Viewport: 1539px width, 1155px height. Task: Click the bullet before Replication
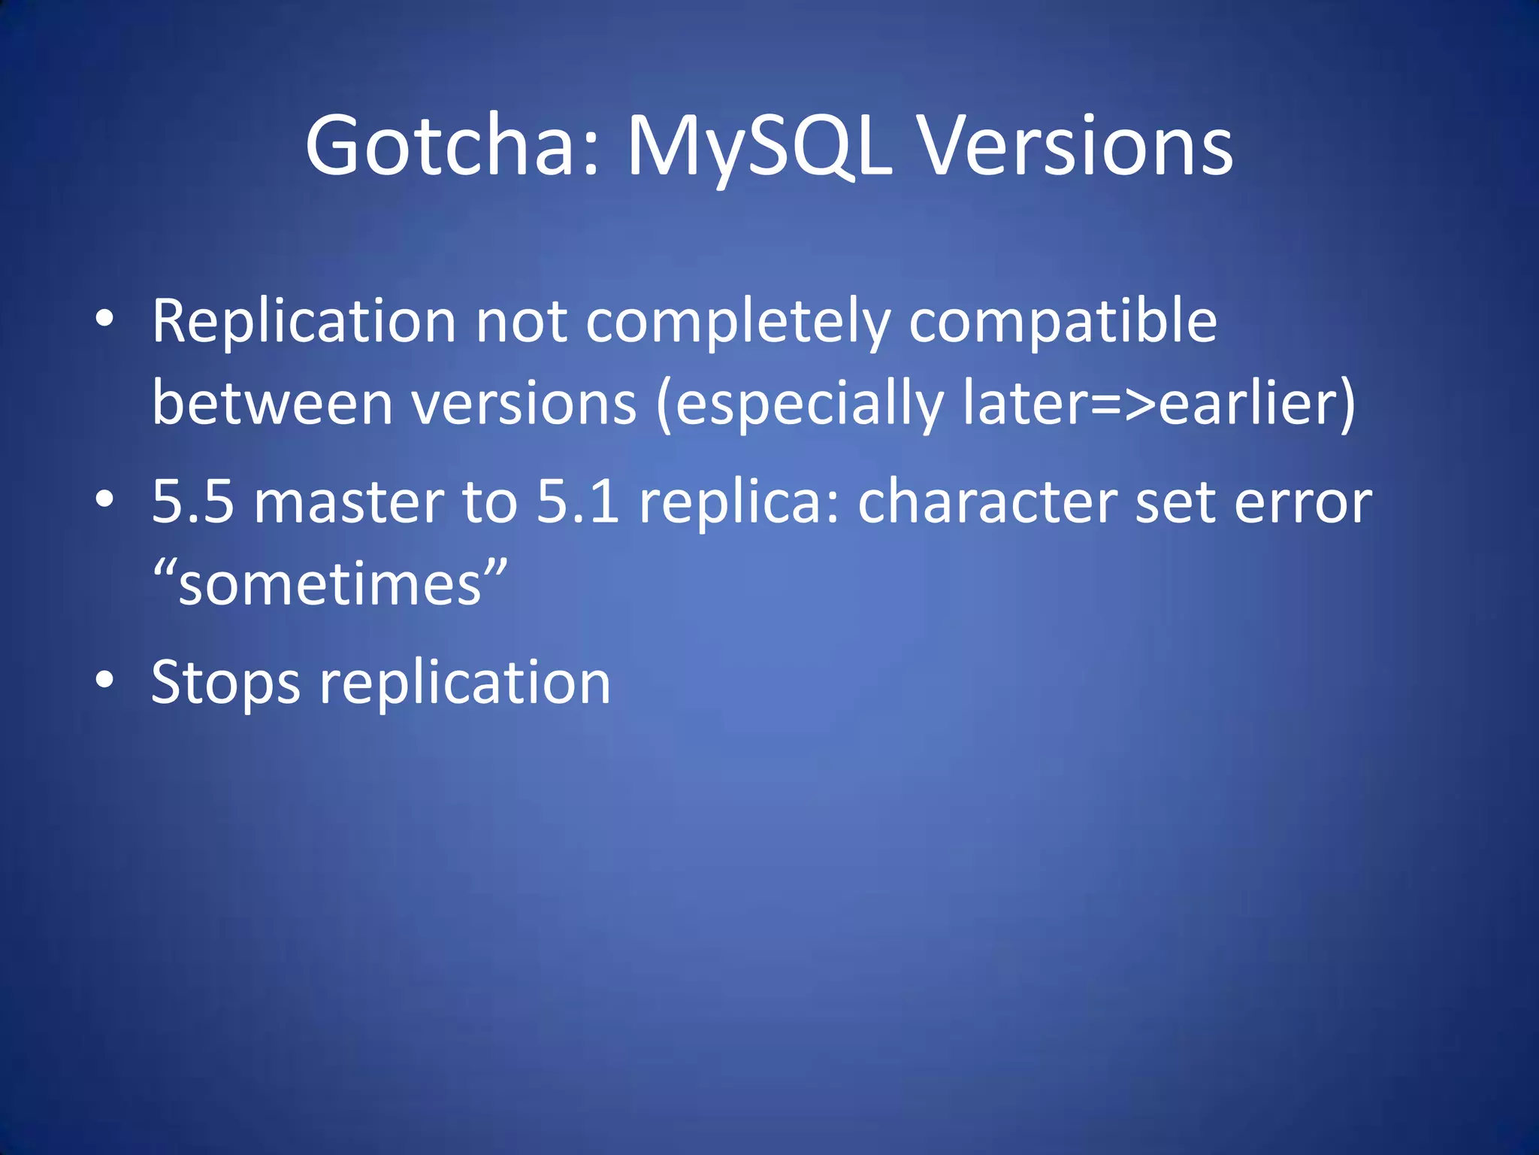pyautogui.click(x=104, y=320)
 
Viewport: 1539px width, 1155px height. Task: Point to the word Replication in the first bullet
pyautogui.click(x=304, y=321)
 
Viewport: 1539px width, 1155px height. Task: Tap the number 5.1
pyautogui.click(x=578, y=502)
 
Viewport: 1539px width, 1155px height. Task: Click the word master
pyautogui.click(x=349, y=502)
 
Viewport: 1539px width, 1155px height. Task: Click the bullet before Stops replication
pyautogui.click(x=104, y=680)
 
